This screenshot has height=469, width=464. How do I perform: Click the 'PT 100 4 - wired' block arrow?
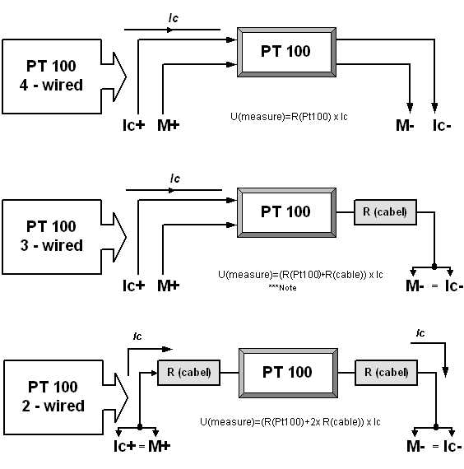pos(51,77)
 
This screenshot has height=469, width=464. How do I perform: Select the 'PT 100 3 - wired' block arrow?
pos(51,237)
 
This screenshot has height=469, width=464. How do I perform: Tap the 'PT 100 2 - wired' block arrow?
pos(53,397)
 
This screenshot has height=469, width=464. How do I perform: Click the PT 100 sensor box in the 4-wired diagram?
pos(286,52)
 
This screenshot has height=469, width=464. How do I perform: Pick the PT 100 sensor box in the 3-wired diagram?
pos(286,212)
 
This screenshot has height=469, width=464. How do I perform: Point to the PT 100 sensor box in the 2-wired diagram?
pos(288,373)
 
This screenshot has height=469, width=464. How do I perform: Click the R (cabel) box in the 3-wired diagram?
pos(385,212)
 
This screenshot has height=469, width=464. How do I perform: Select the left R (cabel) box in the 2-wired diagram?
pos(188,373)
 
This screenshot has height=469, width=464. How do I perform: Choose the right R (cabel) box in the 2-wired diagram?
pos(386,373)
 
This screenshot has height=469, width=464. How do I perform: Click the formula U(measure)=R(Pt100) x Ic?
pos(289,116)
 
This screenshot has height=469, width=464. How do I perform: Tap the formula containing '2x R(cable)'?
pos(290,422)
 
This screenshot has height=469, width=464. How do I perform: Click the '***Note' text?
pos(282,288)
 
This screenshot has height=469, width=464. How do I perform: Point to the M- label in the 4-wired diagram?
pos(405,125)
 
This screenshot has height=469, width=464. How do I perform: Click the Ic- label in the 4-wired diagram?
pos(442,125)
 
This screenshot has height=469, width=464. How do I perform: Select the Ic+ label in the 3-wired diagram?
pos(134,286)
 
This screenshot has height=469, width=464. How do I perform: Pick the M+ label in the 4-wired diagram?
pos(168,125)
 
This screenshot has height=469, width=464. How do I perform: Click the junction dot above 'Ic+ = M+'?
pos(140,427)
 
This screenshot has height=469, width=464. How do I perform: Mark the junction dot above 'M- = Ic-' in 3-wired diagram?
pos(434,267)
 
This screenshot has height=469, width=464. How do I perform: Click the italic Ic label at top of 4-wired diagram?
pos(174,18)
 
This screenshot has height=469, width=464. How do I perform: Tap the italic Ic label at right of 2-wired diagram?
pos(420,333)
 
